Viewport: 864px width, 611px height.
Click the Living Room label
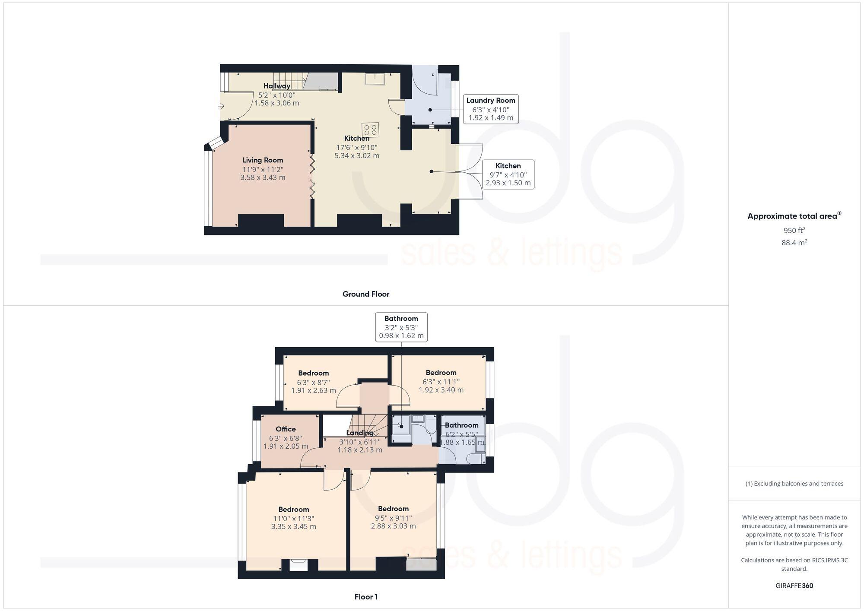pos(263,160)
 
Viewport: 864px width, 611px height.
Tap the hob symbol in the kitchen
pos(371,130)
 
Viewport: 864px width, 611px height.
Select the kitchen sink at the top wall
pos(375,79)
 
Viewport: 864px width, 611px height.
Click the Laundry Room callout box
pos(491,109)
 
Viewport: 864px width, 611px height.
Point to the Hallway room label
pos(277,86)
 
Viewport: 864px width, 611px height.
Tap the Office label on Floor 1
pos(286,429)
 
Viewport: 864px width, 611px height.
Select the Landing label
pos(360,433)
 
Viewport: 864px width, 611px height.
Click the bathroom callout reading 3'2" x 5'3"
pos(401,327)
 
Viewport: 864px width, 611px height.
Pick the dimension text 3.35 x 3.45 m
pos(294,527)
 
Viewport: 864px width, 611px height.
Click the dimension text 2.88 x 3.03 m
pos(393,526)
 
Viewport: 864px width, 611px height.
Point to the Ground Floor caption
pos(366,294)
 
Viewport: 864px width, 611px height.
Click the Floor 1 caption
pos(366,597)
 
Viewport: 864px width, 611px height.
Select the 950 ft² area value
pos(794,230)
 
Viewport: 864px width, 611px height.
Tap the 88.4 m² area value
pos(794,243)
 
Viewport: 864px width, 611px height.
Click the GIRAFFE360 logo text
pos(794,586)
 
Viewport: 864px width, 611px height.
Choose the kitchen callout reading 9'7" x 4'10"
pos(508,175)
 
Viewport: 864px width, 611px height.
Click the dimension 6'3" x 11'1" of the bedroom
pos(441,382)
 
